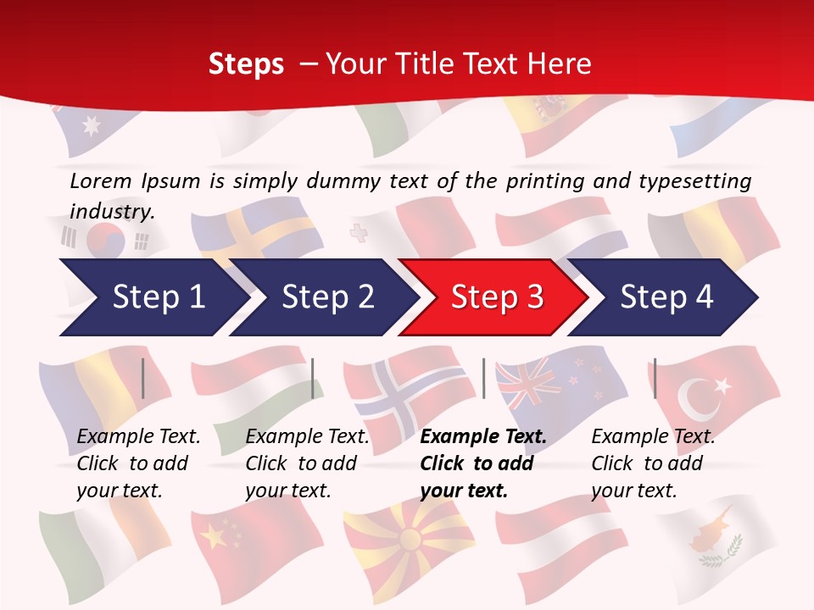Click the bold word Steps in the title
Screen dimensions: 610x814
pyautogui.click(x=246, y=64)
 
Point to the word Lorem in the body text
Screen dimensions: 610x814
pyautogui.click(x=101, y=181)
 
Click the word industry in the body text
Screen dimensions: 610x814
pyautogui.click(x=111, y=212)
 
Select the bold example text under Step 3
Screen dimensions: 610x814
pyautogui.click(x=483, y=463)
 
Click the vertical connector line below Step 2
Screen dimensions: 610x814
pyautogui.click(x=313, y=378)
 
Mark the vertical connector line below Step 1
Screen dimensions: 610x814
pyautogui.click(x=142, y=378)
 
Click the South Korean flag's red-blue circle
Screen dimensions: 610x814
pyautogui.click(x=106, y=241)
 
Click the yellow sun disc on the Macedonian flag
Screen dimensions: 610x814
pyautogui.click(x=410, y=539)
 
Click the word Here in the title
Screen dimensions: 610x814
pyautogui.click(x=561, y=64)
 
